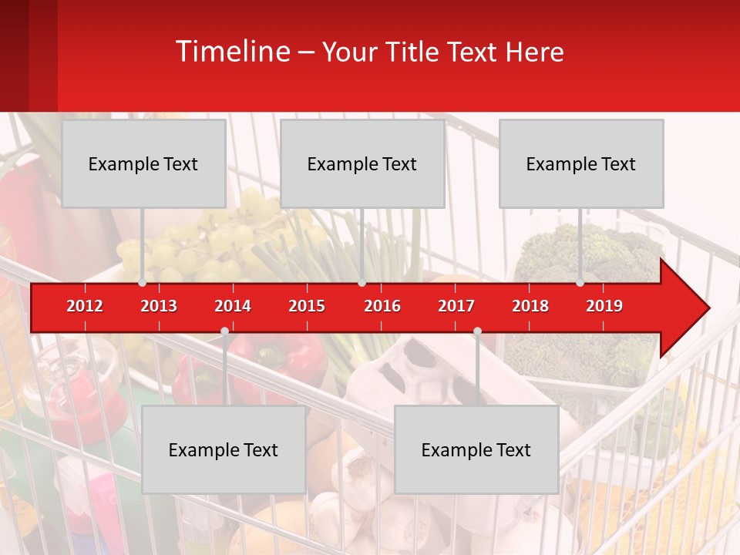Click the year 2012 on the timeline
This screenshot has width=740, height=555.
(85, 306)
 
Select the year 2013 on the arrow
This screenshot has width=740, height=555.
(159, 306)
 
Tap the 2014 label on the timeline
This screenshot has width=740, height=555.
(233, 306)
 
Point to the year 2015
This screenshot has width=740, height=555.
(307, 306)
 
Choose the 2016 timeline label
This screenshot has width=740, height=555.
(382, 306)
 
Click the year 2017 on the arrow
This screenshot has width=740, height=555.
(456, 306)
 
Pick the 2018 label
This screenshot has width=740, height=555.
(530, 306)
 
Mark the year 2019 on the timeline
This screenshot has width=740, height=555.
(604, 306)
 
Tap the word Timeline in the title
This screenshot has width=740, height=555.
(232, 52)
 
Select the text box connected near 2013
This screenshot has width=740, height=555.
(143, 163)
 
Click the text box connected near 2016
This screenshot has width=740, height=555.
(362, 163)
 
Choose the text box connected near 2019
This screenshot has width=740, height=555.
(581, 163)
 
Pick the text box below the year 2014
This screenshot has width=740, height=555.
(224, 449)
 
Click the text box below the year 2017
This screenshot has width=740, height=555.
(476, 449)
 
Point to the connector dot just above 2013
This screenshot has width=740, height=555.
(143, 283)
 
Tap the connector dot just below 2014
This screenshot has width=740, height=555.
(224, 331)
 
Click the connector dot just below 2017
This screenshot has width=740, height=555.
(477, 331)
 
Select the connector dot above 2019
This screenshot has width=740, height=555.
(580, 283)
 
